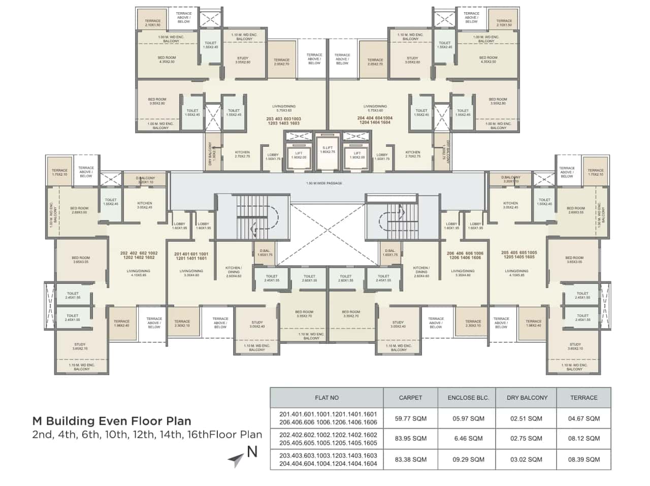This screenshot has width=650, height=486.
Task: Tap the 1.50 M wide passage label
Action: (324, 183)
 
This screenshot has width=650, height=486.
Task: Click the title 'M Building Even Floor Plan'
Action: (112, 421)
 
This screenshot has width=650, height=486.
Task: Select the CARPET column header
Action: (410, 398)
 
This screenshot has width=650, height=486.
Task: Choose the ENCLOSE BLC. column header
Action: (468, 398)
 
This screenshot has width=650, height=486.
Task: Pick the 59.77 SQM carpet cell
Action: (410, 418)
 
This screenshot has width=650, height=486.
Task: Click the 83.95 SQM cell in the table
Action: (410, 438)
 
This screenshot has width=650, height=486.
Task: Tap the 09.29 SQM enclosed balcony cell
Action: (468, 460)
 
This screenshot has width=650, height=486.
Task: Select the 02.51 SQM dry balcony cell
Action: (526, 418)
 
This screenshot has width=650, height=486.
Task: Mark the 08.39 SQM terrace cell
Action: (584, 460)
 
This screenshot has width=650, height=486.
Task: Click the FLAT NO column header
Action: (327, 398)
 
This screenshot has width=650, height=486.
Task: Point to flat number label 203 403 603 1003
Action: (283, 119)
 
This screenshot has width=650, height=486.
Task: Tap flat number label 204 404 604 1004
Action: (375, 118)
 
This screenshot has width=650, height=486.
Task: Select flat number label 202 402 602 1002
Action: (139, 253)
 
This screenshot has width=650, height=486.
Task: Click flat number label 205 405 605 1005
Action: (518, 252)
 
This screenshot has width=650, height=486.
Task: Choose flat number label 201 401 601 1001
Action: (191, 254)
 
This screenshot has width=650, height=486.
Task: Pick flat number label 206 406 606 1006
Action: (465, 253)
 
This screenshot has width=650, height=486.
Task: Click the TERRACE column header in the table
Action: (584, 398)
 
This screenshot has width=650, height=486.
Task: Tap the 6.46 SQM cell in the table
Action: (468, 438)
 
